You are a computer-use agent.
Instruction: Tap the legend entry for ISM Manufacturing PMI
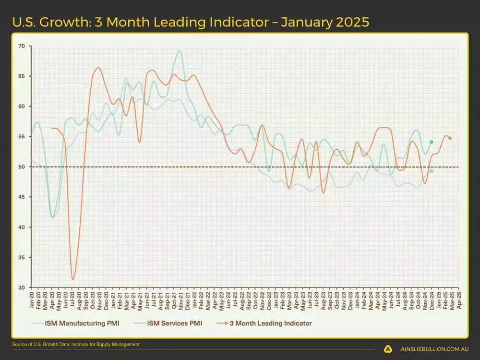[x=76, y=324]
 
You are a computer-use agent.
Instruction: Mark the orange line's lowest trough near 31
[x=73, y=279]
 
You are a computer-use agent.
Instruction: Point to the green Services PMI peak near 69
[x=180, y=50]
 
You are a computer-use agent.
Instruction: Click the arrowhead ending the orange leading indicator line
[x=450, y=138]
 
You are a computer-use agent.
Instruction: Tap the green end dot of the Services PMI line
[x=431, y=142]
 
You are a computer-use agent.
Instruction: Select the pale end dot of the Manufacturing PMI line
[x=431, y=171]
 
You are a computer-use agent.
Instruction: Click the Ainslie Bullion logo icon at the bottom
[x=388, y=349]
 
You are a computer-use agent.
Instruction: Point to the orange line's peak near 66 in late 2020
[x=98, y=68]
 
